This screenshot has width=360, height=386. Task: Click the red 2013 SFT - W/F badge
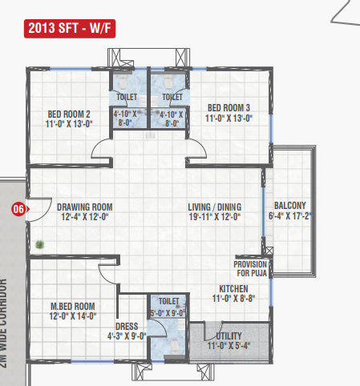[70, 28]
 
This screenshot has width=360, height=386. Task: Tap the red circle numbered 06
[18, 209]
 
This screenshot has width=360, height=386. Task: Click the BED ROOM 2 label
[69, 115]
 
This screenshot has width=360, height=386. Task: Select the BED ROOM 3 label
[229, 108]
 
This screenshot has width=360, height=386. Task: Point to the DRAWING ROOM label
[85, 207]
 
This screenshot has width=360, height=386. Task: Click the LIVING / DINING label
[215, 207]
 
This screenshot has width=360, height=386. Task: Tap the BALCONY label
[290, 206]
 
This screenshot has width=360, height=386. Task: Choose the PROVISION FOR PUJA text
[250, 269]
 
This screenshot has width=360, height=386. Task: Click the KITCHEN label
[233, 289]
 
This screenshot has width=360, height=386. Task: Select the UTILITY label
[229, 336]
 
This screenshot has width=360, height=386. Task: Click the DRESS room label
[127, 327]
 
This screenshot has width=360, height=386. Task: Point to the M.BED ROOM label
[73, 306]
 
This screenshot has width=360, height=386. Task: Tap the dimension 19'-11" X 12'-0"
[215, 217]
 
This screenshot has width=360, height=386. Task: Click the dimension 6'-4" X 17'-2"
[289, 215]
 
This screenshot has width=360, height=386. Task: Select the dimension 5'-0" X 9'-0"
[168, 313]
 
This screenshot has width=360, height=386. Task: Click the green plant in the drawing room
[40, 244]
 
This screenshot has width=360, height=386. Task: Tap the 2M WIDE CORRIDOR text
[3, 323]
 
